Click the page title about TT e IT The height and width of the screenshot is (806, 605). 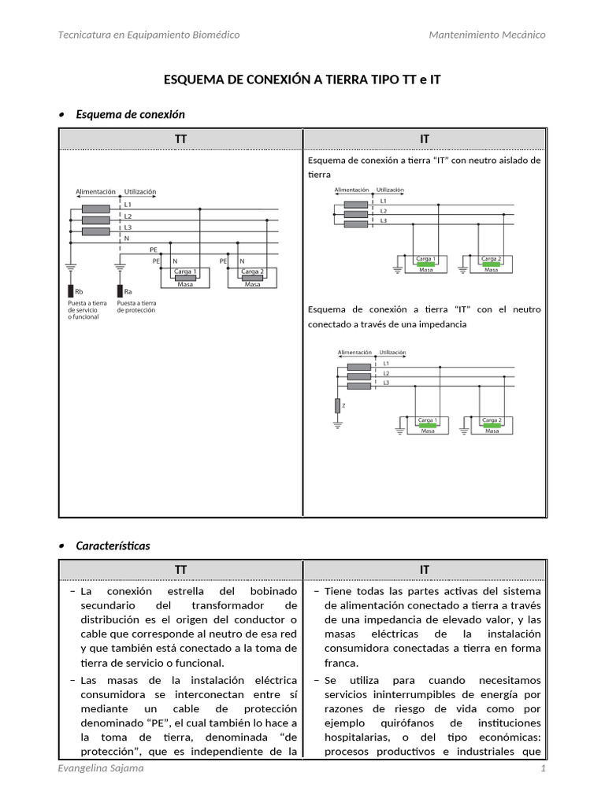point(302,79)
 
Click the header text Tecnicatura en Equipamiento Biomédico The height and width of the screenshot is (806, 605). point(150,35)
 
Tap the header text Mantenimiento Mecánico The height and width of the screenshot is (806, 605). point(487,35)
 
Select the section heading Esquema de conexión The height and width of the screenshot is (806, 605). point(130,115)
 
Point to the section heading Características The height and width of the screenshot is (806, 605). point(113,545)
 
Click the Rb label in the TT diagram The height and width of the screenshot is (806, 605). point(78,291)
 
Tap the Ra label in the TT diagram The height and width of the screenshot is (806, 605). point(128,291)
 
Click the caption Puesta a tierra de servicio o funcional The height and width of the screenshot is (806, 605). point(87,309)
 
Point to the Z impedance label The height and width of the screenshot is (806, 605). point(343,405)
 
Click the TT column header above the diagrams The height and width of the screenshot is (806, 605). point(180,139)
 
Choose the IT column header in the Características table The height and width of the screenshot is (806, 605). point(425,569)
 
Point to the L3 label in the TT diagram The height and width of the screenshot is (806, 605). point(128,227)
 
